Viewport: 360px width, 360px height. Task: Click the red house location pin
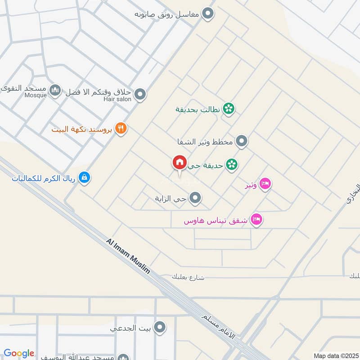179,163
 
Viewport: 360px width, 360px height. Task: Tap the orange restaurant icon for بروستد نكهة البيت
121,129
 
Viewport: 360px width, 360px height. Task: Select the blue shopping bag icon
84,178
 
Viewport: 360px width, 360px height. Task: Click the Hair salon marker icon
140,94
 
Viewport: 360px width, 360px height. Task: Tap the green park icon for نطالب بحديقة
229,108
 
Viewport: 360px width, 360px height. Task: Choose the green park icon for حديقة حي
232,165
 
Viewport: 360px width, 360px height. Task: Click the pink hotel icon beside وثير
265,184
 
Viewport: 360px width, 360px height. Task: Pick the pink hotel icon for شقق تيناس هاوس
257,220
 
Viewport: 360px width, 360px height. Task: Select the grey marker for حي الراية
195,198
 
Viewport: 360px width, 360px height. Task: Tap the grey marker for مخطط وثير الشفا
242,142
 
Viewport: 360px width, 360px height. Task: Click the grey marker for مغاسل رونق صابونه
207,14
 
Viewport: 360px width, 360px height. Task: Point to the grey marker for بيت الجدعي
159,328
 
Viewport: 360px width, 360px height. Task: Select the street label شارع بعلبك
188,277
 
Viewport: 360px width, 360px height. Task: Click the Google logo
19,353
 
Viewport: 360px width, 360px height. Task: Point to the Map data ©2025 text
335,355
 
